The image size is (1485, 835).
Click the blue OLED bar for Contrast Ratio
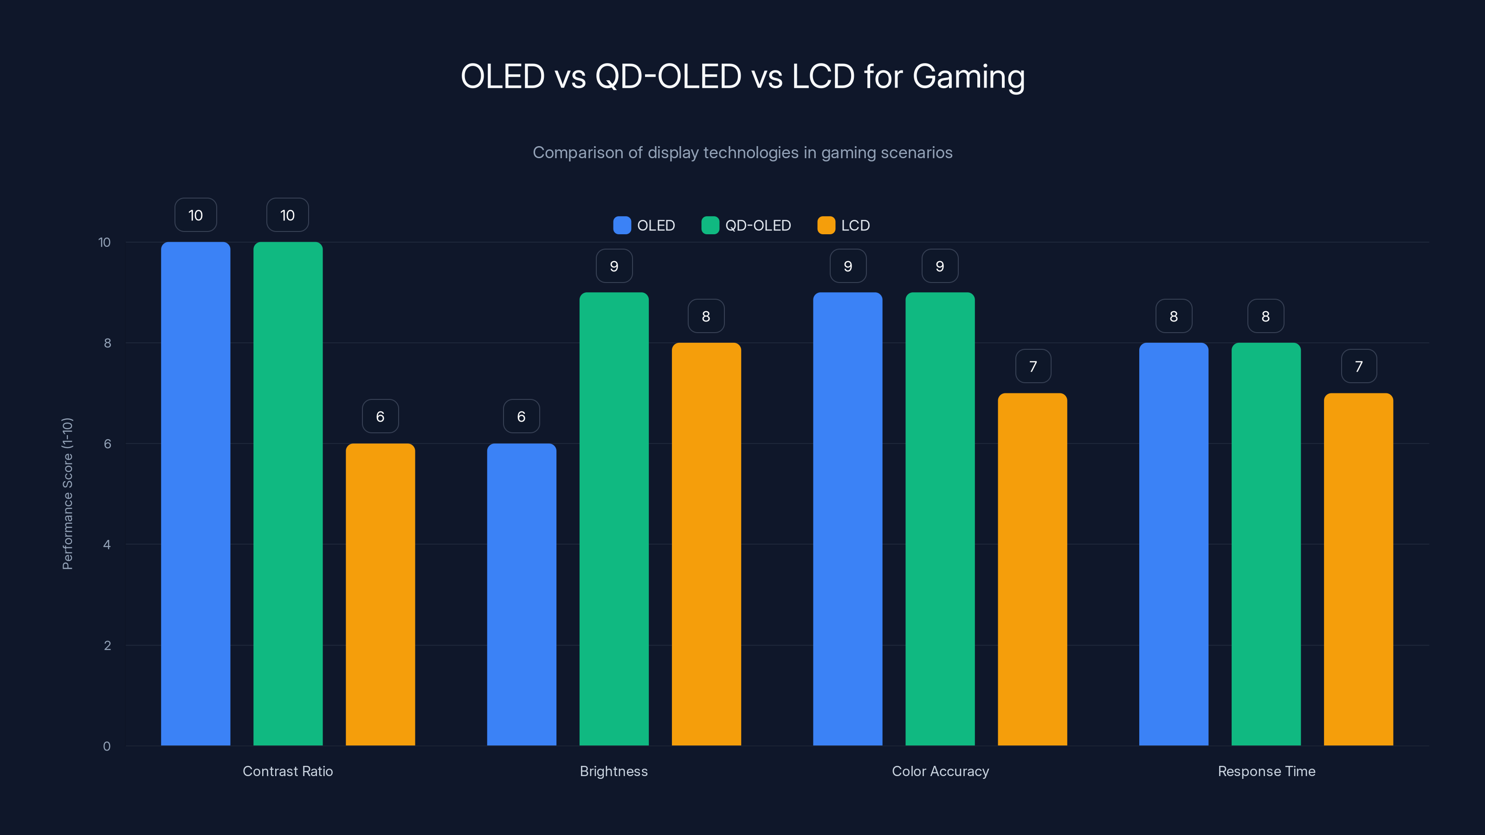click(x=195, y=494)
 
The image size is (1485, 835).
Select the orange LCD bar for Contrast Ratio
click(x=380, y=594)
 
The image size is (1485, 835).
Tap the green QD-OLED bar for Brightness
click(x=614, y=519)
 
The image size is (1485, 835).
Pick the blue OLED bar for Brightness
click(x=521, y=594)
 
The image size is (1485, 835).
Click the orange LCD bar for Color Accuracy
click(x=1032, y=569)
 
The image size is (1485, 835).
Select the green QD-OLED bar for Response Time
click(x=1266, y=544)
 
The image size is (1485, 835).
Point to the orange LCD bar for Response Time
click(x=1358, y=569)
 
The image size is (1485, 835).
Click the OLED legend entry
click(x=645, y=225)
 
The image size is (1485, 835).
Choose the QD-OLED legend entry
click(x=747, y=225)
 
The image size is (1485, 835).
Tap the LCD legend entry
click(x=844, y=225)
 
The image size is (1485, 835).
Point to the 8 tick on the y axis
click(x=107, y=343)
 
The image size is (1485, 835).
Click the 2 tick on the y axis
click(x=107, y=645)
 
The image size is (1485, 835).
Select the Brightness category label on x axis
click(x=614, y=771)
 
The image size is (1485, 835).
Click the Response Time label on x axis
click(x=1266, y=771)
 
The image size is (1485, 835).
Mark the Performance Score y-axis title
click(x=67, y=494)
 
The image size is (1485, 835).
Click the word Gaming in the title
click(x=968, y=77)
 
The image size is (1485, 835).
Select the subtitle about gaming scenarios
click(x=742, y=153)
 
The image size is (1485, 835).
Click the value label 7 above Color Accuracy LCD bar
click(x=1033, y=366)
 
